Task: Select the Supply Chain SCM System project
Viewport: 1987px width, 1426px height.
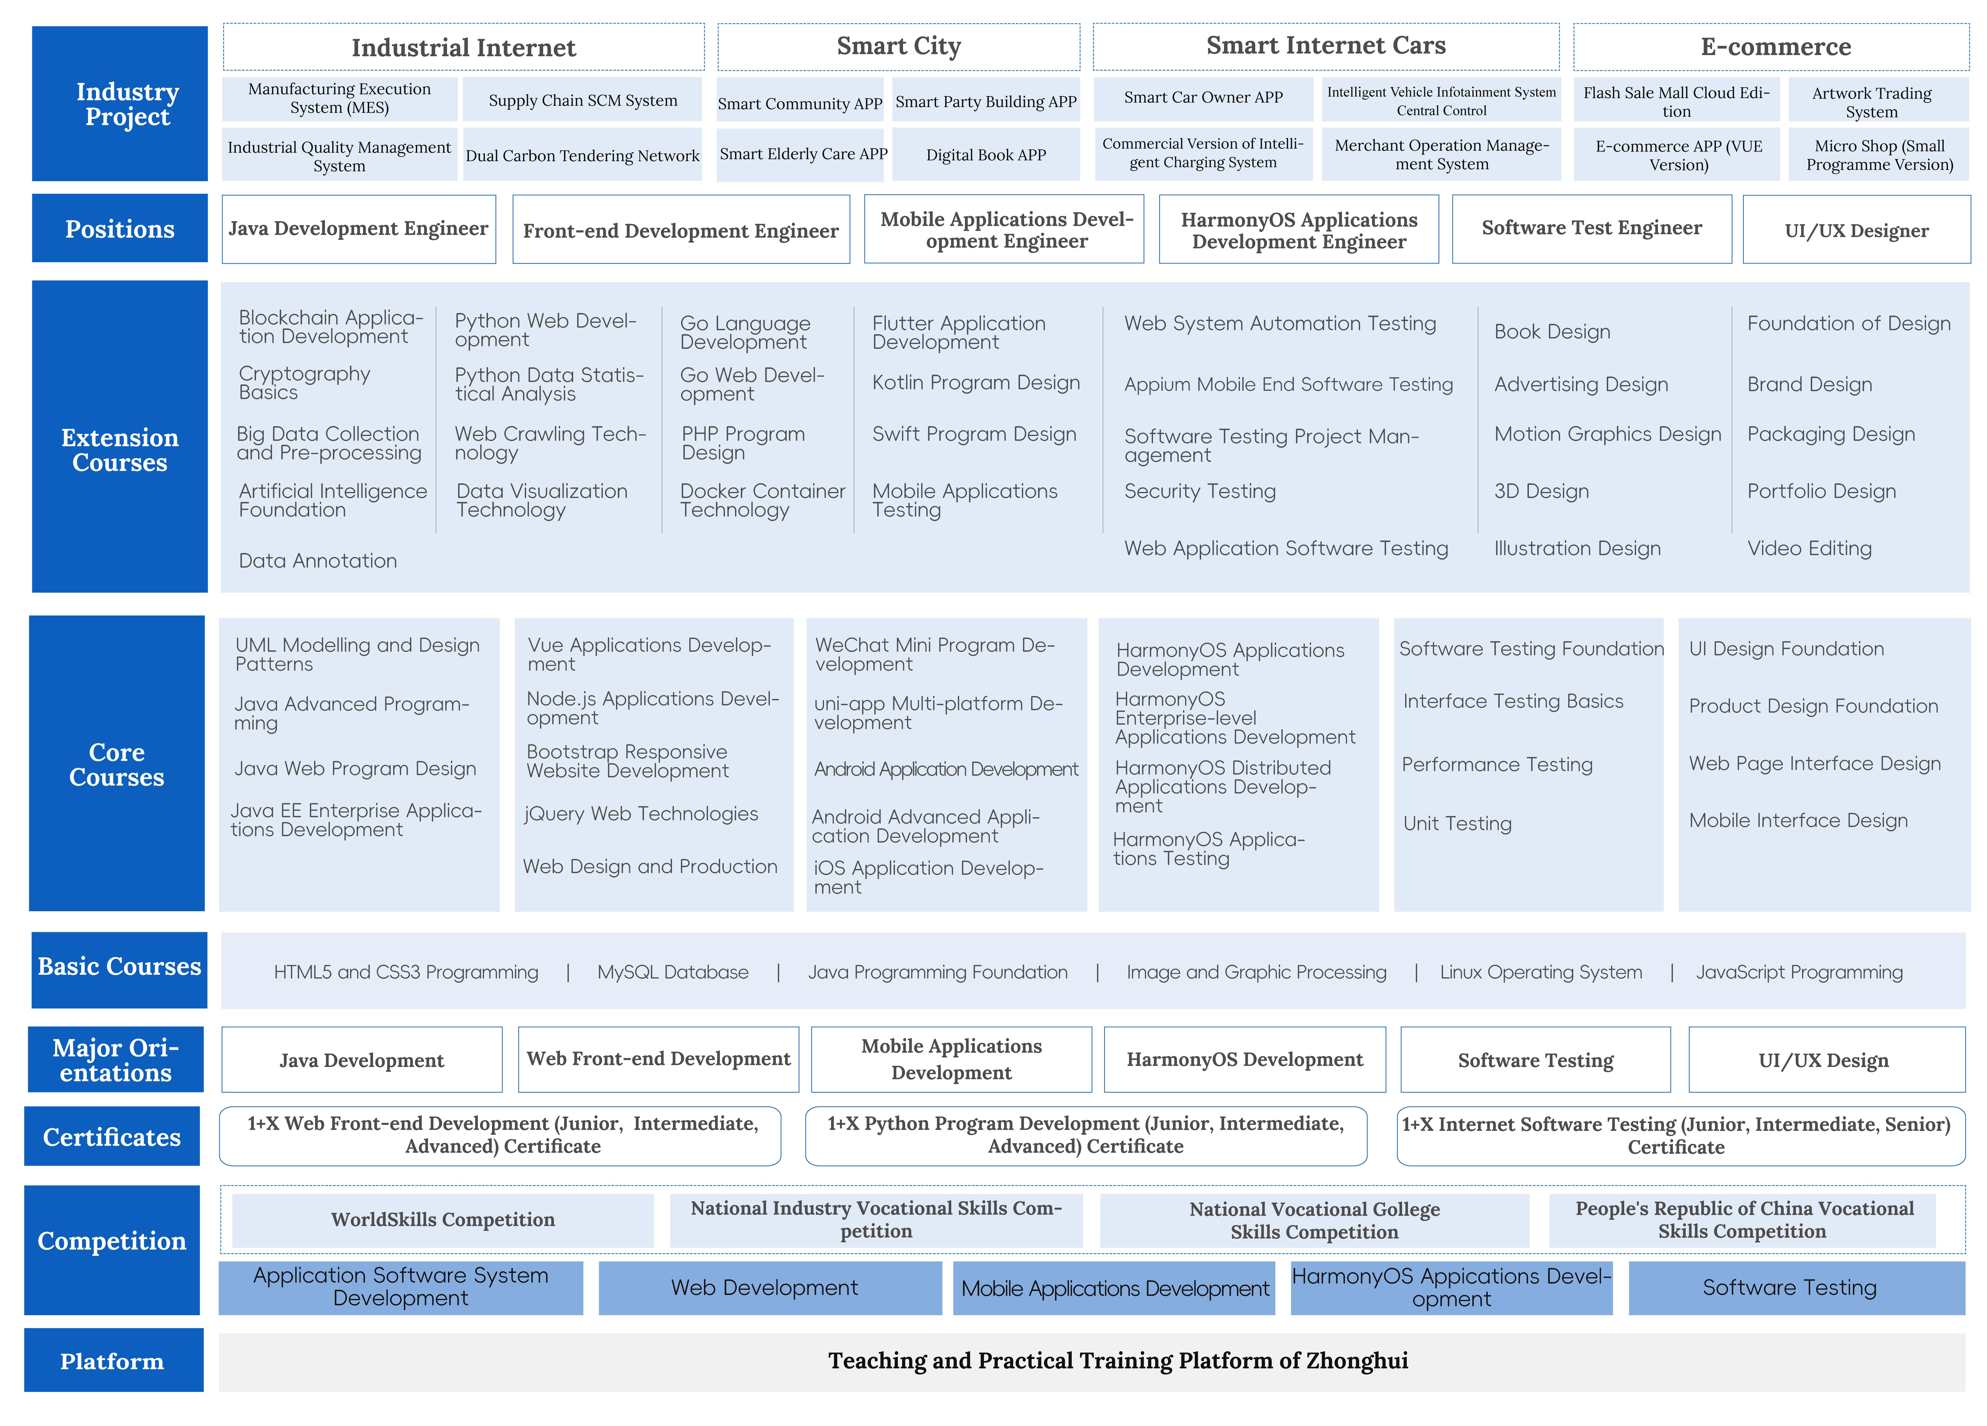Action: point(583,100)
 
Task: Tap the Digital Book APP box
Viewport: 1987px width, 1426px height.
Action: point(986,155)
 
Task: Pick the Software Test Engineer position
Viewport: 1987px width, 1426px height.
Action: point(1592,229)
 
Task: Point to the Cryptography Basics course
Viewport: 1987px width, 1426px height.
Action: point(305,383)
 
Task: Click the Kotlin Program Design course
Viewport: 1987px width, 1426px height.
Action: point(976,383)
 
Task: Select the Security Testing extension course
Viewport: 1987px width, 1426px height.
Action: point(1200,491)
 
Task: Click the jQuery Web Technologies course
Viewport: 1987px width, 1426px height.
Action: point(641,814)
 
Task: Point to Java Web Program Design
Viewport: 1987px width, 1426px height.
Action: point(356,768)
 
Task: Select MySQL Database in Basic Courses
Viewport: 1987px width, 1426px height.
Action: point(673,972)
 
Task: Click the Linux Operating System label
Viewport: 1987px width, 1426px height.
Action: point(1541,972)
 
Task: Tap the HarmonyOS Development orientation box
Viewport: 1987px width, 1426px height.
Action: point(1245,1060)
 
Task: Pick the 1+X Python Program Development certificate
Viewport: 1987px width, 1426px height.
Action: point(1085,1135)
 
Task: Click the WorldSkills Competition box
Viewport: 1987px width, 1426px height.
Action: point(442,1220)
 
